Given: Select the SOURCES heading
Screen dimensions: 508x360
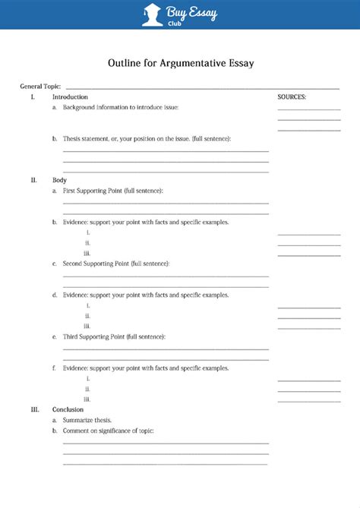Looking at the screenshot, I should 292,97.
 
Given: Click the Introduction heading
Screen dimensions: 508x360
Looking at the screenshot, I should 70,97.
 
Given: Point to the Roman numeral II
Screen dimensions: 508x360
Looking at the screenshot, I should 33,180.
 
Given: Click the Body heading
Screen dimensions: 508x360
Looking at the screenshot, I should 59,180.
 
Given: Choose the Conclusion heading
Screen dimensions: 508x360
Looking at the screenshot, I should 68,409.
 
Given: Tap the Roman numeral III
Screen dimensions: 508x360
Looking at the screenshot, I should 34,409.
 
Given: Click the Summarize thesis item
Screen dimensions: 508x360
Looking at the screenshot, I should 87,420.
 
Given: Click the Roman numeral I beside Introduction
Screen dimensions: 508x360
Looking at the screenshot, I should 33,97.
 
